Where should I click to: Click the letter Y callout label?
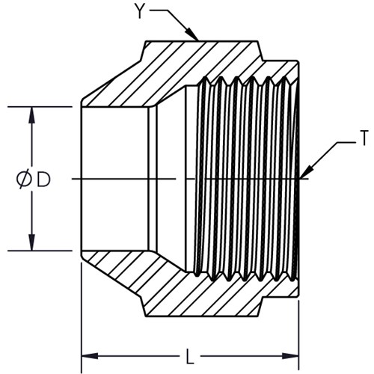coord(141,12)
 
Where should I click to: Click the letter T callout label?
coord(364,138)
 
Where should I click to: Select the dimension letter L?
coord(190,356)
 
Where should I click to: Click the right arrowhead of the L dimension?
coord(290,356)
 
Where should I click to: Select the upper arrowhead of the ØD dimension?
coord(31,115)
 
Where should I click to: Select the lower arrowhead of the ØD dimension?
coord(31,242)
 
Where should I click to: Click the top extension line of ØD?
coord(40,107)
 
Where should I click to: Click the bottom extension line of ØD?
coord(40,251)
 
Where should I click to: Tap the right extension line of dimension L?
coord(298,337)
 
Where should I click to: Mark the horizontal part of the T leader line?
coord(347,143)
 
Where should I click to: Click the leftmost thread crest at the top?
coord(205,79)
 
